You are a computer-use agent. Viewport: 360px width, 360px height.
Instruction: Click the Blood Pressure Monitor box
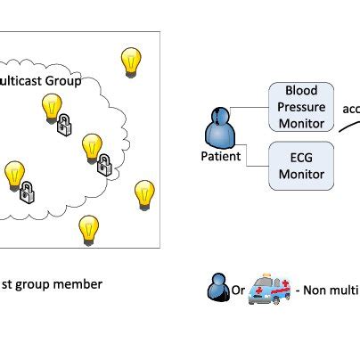click(301, 106)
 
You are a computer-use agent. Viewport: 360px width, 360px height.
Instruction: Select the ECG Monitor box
click(301, 165)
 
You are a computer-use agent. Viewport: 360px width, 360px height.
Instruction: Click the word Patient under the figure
click(220, 158)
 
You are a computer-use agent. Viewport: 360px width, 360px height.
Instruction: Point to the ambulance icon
click(270, 289)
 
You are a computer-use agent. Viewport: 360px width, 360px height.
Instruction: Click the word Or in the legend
click(237, 290)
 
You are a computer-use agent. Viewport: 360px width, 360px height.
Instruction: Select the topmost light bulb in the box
click(131, 61)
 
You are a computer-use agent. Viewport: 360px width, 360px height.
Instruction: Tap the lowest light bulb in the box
click(87, 230)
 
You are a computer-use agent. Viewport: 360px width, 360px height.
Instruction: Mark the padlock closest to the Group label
click(63, 127)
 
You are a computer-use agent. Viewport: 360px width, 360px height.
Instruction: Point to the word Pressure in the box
click(301, 106)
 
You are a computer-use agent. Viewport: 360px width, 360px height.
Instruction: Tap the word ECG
click(301, 158)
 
